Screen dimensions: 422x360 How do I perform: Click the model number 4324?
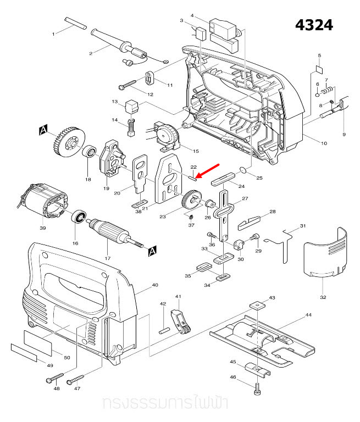tap(314, 25)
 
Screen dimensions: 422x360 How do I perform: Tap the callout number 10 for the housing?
tap(324, 143)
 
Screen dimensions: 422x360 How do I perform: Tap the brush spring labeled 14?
tap(131, 127)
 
